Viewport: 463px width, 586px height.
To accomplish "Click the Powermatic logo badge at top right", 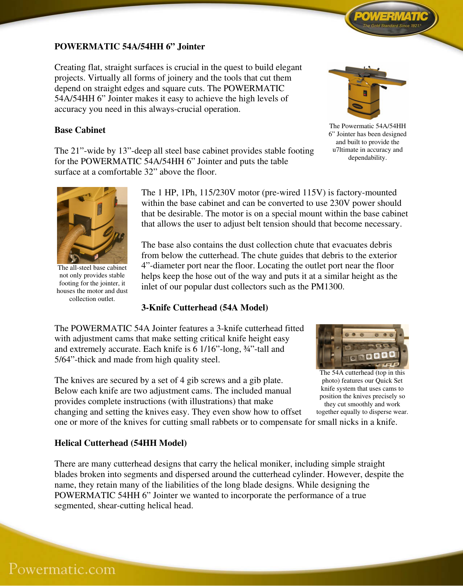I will click(x=391, y=19).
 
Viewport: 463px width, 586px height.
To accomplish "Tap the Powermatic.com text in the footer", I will click(x=62, y=569).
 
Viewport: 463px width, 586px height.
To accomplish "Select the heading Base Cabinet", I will click(x=80, y=130).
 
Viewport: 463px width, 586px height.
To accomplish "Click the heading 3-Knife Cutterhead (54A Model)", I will click(x=204, y=308).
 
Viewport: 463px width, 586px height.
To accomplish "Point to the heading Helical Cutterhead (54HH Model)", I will click(x=121, y=443).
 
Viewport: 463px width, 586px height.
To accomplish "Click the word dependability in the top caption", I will click(x=367, y=158).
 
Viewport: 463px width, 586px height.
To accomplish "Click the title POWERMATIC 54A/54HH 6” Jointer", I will click(x=130, y=47).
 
